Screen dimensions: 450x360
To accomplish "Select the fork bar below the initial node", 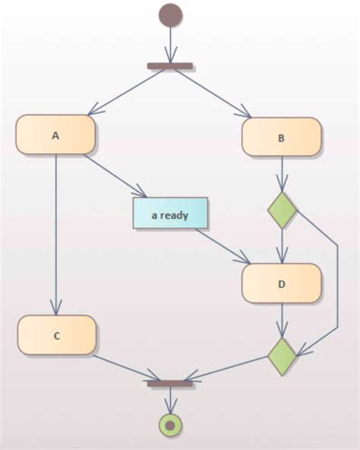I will pyautogui.click(x=171, y=67).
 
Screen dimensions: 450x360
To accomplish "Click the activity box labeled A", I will pyautogui.click(x=55, y=135).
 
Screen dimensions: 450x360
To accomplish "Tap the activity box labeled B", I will pyautogui.click(x=282, y=137).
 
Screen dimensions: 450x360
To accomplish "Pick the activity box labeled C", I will pyautogui.click(x=57, y=335).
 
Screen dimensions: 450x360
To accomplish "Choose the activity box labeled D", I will pyautogui.click(x=282, y=284).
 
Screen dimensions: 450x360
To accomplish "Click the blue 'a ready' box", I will pyautogui.click(x=170, y=214).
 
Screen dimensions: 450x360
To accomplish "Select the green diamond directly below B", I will pyautogui.click(x=282, y=210).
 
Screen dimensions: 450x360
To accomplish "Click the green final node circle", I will pyautogui.click(x=170, y=425).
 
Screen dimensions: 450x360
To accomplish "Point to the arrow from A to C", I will pyautogui.click(x=55, y=235).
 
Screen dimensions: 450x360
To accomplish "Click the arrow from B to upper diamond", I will pyautogui.click(x=282, y=174).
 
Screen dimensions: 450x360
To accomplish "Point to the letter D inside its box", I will pyautogui.click(x=282, y=285).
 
